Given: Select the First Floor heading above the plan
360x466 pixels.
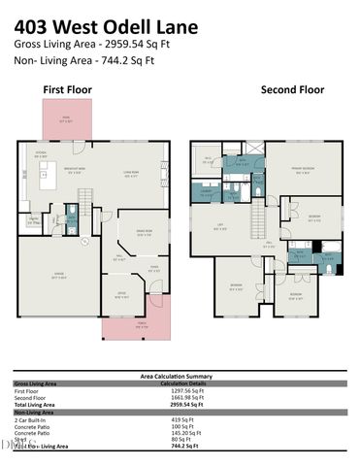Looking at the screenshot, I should (66, 90).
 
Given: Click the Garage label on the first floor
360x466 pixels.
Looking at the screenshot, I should (57, 277).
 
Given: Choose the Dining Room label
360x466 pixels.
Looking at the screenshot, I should (145, 231).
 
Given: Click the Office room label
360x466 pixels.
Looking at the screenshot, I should (122, 295).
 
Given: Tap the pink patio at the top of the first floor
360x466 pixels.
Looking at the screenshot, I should (65, 120).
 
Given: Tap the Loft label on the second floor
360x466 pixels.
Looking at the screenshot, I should (222, 226).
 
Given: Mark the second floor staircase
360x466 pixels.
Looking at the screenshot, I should (259, 215).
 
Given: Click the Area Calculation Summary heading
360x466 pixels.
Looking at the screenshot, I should (176, 376).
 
